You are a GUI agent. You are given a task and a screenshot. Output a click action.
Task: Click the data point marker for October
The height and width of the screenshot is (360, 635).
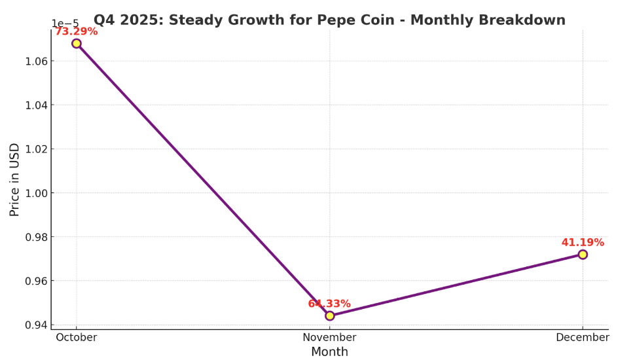coord(77,43)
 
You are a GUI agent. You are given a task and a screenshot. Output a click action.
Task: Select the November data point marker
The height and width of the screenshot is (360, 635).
coord(329,315)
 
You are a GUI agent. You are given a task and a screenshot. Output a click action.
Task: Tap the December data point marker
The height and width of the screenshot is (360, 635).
coord(583,254)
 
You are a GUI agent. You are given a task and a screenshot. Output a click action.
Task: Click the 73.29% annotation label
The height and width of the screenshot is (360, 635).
coord(76,31)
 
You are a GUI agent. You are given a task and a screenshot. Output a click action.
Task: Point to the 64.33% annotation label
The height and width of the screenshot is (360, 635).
coord(329,304)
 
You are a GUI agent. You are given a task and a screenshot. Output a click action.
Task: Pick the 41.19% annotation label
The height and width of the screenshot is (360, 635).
coord(583,242)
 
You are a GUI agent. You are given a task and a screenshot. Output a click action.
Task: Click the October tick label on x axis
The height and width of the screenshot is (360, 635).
coord(77,338)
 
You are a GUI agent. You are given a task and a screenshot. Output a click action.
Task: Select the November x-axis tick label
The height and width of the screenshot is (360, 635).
coord(329,338)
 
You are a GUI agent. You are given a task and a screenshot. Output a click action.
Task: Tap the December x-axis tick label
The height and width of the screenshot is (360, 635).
coord(583,338)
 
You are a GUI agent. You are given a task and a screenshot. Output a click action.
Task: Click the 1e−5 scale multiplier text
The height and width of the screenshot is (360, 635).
coord(65,24)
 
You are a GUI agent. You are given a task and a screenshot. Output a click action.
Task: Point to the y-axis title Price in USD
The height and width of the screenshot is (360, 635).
coord(14,179)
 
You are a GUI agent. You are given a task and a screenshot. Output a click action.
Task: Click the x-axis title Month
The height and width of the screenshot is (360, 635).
coord(329,352)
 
